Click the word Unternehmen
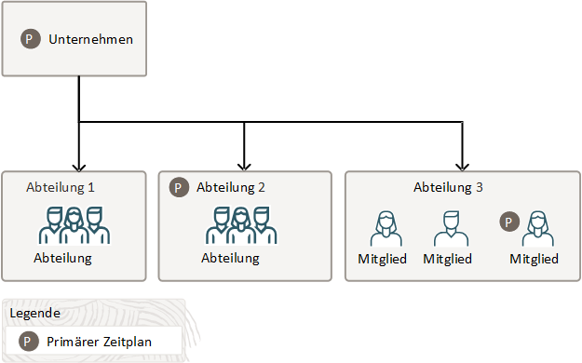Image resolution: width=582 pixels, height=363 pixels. point(91,40)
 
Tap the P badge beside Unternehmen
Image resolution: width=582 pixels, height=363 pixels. point(32,40)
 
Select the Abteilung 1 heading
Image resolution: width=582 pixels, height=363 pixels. point(61,187)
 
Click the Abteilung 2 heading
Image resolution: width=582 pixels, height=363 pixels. point(232,187)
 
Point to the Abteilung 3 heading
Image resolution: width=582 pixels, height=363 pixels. point(448,187)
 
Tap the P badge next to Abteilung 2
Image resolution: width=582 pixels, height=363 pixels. point(179,187)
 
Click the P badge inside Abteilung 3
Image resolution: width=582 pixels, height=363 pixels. point(508,222)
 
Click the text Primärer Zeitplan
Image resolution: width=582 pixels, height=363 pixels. point(100,342)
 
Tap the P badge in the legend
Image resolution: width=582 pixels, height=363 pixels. point(30,342)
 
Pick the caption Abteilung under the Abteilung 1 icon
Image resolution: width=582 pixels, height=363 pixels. point(62,258)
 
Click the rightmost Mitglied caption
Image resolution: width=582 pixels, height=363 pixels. point(535,259)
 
